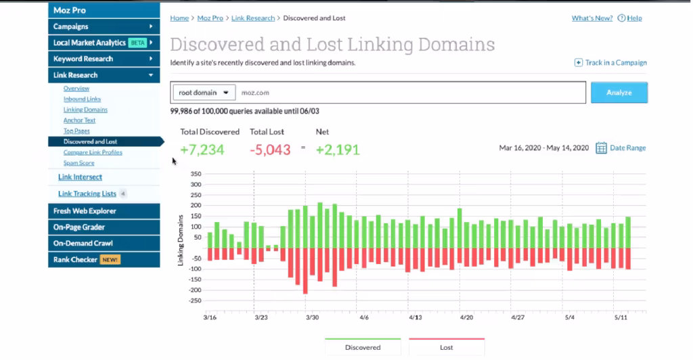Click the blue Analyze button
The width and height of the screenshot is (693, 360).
[619, 93]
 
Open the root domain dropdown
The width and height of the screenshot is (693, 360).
[203, 92]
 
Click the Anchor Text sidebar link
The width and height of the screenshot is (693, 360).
[79, 120]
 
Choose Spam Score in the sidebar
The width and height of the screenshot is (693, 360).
[79, 163]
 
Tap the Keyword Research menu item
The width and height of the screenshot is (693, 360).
[83, 59]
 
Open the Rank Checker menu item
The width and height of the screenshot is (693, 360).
[75, 259]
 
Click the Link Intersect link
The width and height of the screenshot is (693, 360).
[80, 177]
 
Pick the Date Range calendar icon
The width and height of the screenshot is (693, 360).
[601, 148]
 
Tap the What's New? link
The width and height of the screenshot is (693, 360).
[592, 18]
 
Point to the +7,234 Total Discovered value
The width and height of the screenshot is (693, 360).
[202, 150]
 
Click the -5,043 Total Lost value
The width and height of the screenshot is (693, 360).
[270, 150]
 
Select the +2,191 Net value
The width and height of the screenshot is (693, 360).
[338, 150]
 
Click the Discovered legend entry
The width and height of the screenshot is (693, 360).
[363, 347]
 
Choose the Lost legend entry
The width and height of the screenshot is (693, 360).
[446, 347]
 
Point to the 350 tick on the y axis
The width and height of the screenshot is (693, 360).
[196, 174]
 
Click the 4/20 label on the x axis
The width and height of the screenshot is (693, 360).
[466, 317]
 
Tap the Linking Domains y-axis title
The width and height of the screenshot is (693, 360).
[181, 240]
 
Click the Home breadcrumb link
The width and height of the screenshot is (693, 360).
[179, 18]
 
